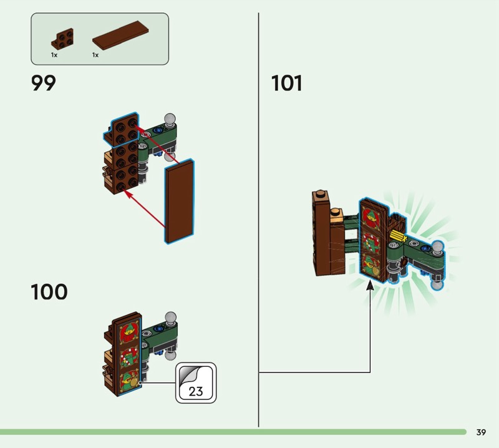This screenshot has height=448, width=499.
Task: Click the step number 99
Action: pyautogui.click(x=44, y=83)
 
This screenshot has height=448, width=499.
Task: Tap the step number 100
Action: pyautogui.click(x=49, y=291)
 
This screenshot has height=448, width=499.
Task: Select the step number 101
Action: pyautogui.click(x=287, y=83)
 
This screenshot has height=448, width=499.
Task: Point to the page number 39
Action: pyautogui.click(x=481, y=432)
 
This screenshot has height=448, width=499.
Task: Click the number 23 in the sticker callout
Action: pyautogui.click(x=195, y=392)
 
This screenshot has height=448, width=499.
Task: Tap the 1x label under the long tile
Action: pyautogui.click(x=95, y=56)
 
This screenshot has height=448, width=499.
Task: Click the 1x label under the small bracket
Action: pyautogui.click(x=54, y=56)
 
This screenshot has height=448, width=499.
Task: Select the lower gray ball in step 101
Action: pyautogui.click(x=437, y=284)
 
